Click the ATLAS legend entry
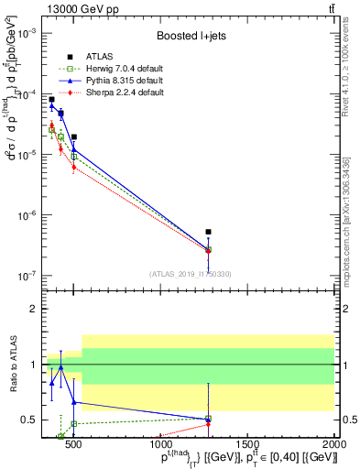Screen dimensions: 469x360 (98, 57)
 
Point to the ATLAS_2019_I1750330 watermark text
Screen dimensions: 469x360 (190, 274)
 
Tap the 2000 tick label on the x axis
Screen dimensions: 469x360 (333, 445)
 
